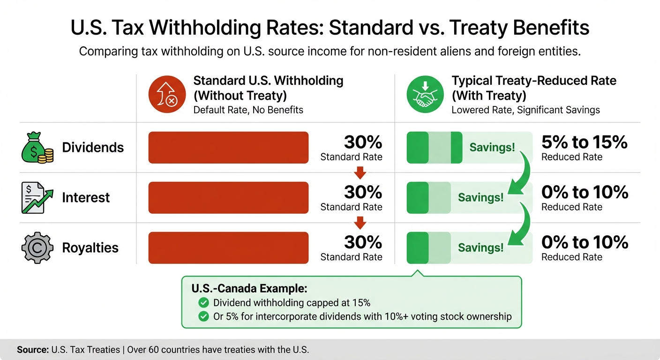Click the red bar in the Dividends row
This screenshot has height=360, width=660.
(x=228, y=148)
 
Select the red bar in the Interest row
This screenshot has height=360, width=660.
(x=228, y=198)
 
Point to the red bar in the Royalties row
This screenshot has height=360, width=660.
(x=228, y=247)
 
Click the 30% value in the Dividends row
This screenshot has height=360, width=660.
(x=363, y=142)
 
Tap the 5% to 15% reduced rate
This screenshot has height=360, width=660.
(x=584, y=142)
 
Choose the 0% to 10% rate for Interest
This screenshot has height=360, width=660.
(x=584, y=192)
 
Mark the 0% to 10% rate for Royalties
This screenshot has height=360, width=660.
(x=584, y=242)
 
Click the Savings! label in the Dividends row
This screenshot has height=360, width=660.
(x=492, y=148)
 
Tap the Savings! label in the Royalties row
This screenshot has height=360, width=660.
(x=480, y=247)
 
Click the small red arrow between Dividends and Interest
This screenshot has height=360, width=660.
(x=360, y=173)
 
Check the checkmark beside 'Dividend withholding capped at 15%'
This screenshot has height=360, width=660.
(x=203, y=302)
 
